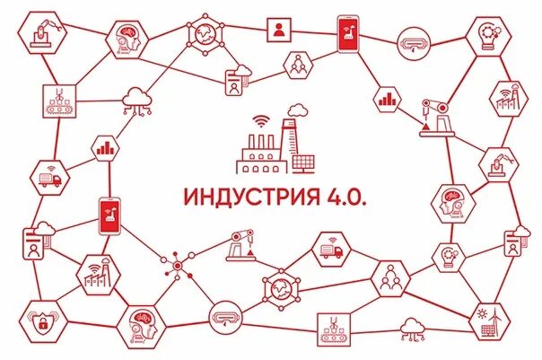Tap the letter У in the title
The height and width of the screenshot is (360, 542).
tap(236, 197)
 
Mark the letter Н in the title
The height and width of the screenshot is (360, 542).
tap(205, 197)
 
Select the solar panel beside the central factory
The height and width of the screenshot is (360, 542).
tap(302, 163)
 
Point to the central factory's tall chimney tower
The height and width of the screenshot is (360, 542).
tap(288, 144)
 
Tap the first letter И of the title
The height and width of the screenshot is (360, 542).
tap(189, 197)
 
